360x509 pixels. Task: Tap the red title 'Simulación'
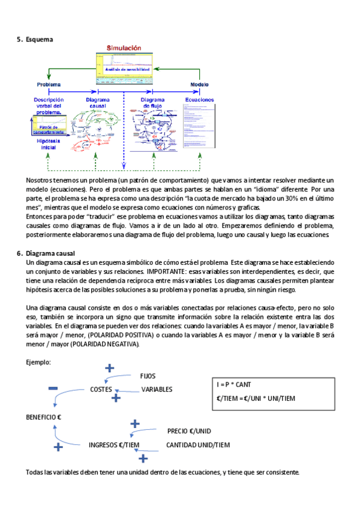point(124,47)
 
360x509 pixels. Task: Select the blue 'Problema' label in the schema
point(49,85)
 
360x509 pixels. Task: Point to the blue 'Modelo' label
point(199,85)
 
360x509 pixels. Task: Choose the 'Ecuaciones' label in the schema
point(199,100)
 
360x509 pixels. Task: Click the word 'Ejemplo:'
point(38,363)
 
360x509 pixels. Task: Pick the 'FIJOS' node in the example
point(148,376)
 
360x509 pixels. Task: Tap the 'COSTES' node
point(101,389)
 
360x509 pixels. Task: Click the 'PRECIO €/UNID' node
point(189,431)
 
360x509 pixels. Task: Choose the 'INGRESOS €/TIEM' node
point(114,445)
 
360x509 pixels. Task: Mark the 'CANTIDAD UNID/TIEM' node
point(198,445)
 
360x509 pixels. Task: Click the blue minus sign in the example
point(53,389)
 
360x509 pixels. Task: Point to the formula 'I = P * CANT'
point(235,385)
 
